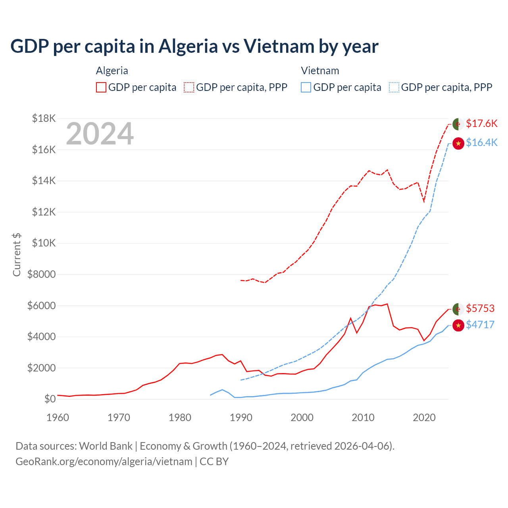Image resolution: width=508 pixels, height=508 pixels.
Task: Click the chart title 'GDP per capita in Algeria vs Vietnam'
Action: click(x=194, y=46)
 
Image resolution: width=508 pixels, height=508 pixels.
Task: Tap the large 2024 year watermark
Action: click(x=100, y=134)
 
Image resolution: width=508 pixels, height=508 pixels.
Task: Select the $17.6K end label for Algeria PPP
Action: click(x=481, y=123)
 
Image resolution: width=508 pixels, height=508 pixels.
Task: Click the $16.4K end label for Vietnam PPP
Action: click(x=481, y=142)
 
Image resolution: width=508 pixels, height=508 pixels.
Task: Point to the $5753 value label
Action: click(x=480, y=308)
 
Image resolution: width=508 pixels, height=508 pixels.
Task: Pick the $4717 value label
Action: click(x=480, y=325)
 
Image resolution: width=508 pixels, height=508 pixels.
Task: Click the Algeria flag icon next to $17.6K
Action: click(x=458, y=124)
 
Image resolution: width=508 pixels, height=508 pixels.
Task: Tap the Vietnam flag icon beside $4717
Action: click(x=458, y=325)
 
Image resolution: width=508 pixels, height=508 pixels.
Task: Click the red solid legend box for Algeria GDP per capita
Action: click(x=101, y=87)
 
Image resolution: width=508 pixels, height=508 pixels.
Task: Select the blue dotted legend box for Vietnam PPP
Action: click(x=394, y=87)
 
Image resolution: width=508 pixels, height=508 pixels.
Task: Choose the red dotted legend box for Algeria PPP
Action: click(x=189, y=87)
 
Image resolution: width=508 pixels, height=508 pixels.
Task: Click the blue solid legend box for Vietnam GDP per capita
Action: click(x=306, y=87)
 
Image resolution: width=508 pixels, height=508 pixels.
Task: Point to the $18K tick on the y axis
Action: click(x=44, y=118)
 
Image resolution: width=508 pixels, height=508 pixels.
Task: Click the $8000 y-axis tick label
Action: click(x=41, y=274)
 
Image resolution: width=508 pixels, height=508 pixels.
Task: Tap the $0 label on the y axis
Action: click(x=50, y=399)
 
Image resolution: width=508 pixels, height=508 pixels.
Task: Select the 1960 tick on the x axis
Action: click(x=58, y=418)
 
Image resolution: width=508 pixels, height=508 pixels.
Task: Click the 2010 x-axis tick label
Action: click(x=363, y=418)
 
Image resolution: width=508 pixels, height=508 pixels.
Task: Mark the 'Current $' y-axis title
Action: click(x=17, y=254)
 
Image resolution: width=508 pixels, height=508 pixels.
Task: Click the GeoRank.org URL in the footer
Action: click(x=104, y=462)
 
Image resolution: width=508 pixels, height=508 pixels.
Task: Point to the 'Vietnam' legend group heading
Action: click(x=320, y=71)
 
